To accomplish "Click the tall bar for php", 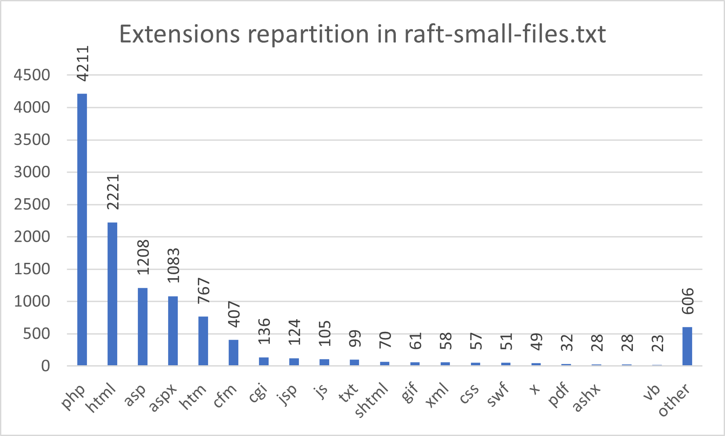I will pyautogui.click(x=82, y=229).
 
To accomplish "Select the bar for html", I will pyautogui.click(x=112, y=294).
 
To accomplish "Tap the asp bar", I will pyautogui.click(x=143, y=327).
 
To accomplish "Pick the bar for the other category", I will pyautogui.click(x=687, y=346).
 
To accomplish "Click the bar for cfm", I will pyautogui.click(x=233, y=352).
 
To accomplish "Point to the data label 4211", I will pyautogui.click(x=83, y=64).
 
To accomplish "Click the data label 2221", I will pyautogui.click(x=113, y=192).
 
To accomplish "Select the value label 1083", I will pyautogui.click(x=173, y=265).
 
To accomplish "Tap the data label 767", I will pyautogui.click(x=204, y=291).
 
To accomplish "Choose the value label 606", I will pyautogui.click(x=688, y=302).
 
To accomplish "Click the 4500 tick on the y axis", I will pyautogui.click(x=32, y=75).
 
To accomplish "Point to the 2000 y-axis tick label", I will pyautogui.click(x=32, y=237).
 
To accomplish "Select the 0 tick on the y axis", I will pyautogui.click(x=45, y=366).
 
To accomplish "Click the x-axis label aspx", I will pyautogui.click(x=163, y=398).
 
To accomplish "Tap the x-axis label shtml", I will pyautogui.click(x=372, y=400).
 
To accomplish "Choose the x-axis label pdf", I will pyautogui.click(x=560, y=395).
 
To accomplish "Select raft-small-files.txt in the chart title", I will pyautogui.click(x=505, y=34).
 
